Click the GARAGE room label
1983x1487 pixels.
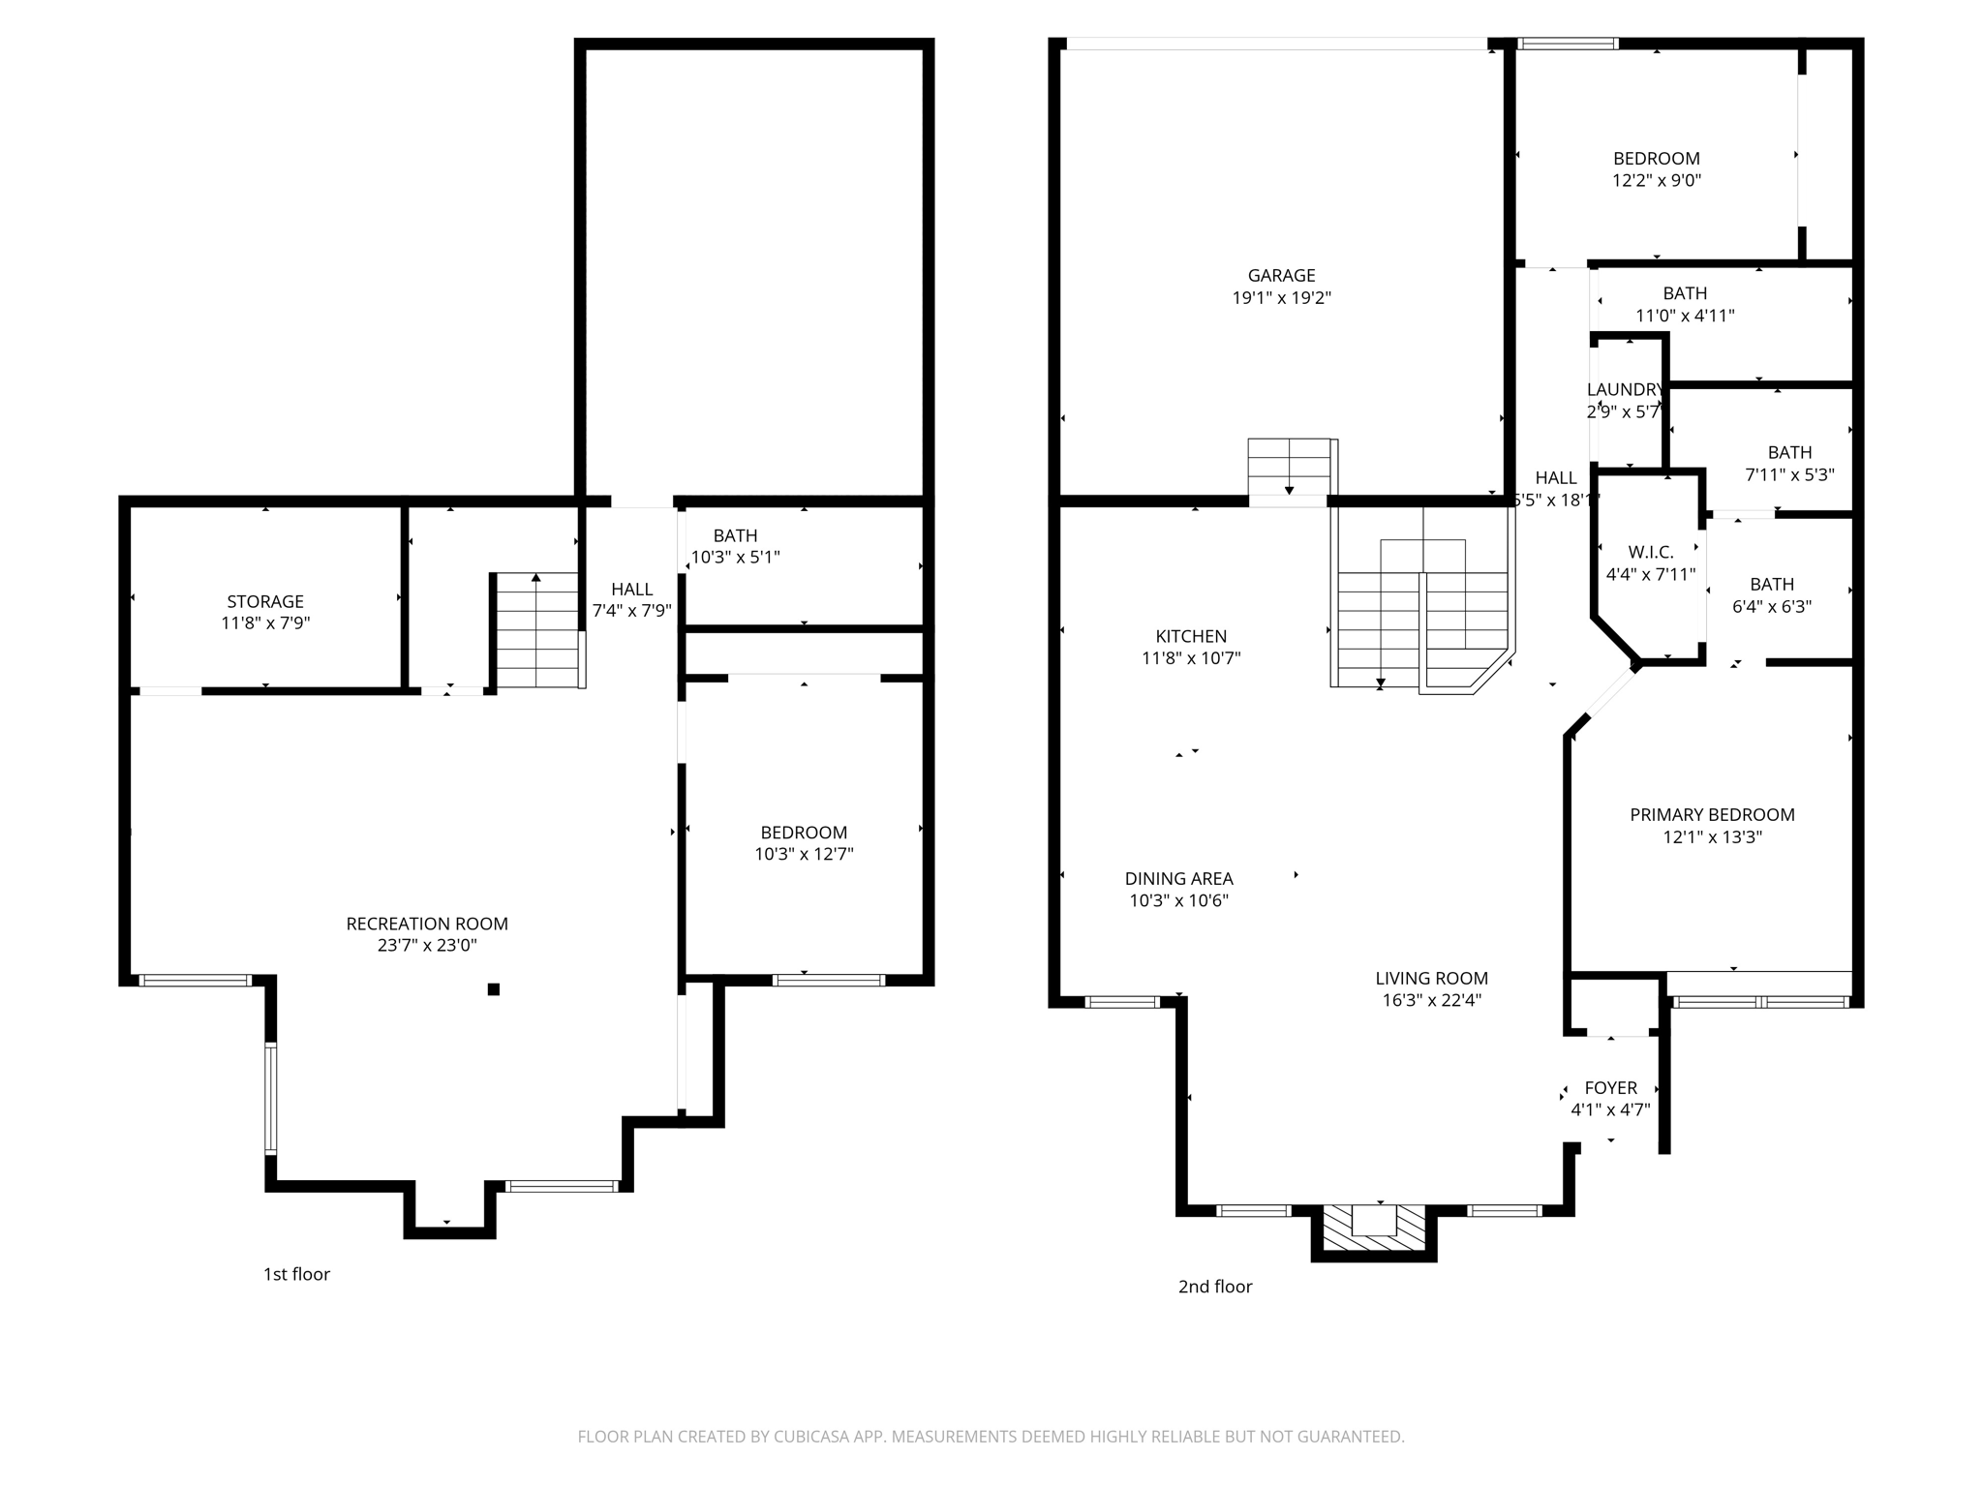click(x=1281, y=276)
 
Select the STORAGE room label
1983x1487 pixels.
click(x=265, y=602)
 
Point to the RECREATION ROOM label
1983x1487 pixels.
click(x=427, y=925)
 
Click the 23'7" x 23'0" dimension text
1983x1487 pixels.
click(x=427, y=946)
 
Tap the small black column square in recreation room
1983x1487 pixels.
click(x=493, y=988)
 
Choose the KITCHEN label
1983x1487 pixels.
click(x=1191, y=637)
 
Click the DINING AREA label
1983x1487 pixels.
click(x=1178, y=879)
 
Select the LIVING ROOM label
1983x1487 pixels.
click(x=1431, y=979)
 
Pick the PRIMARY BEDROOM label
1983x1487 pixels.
click(x=1712, y=815)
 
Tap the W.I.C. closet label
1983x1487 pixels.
click(x=1651, y=553)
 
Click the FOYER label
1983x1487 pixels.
click(x=1610, y=1088)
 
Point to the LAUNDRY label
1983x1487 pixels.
click(x=1625, y=390)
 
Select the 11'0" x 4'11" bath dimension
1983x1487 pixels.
click(x=1685, y=316)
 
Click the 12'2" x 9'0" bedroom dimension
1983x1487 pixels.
click(x=1657, y=180)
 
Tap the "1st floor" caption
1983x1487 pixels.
click(x=296, y=1275)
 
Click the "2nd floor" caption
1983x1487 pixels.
click(x=1215, y=1287)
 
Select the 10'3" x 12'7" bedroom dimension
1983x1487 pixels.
click(x=804, y=854)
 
